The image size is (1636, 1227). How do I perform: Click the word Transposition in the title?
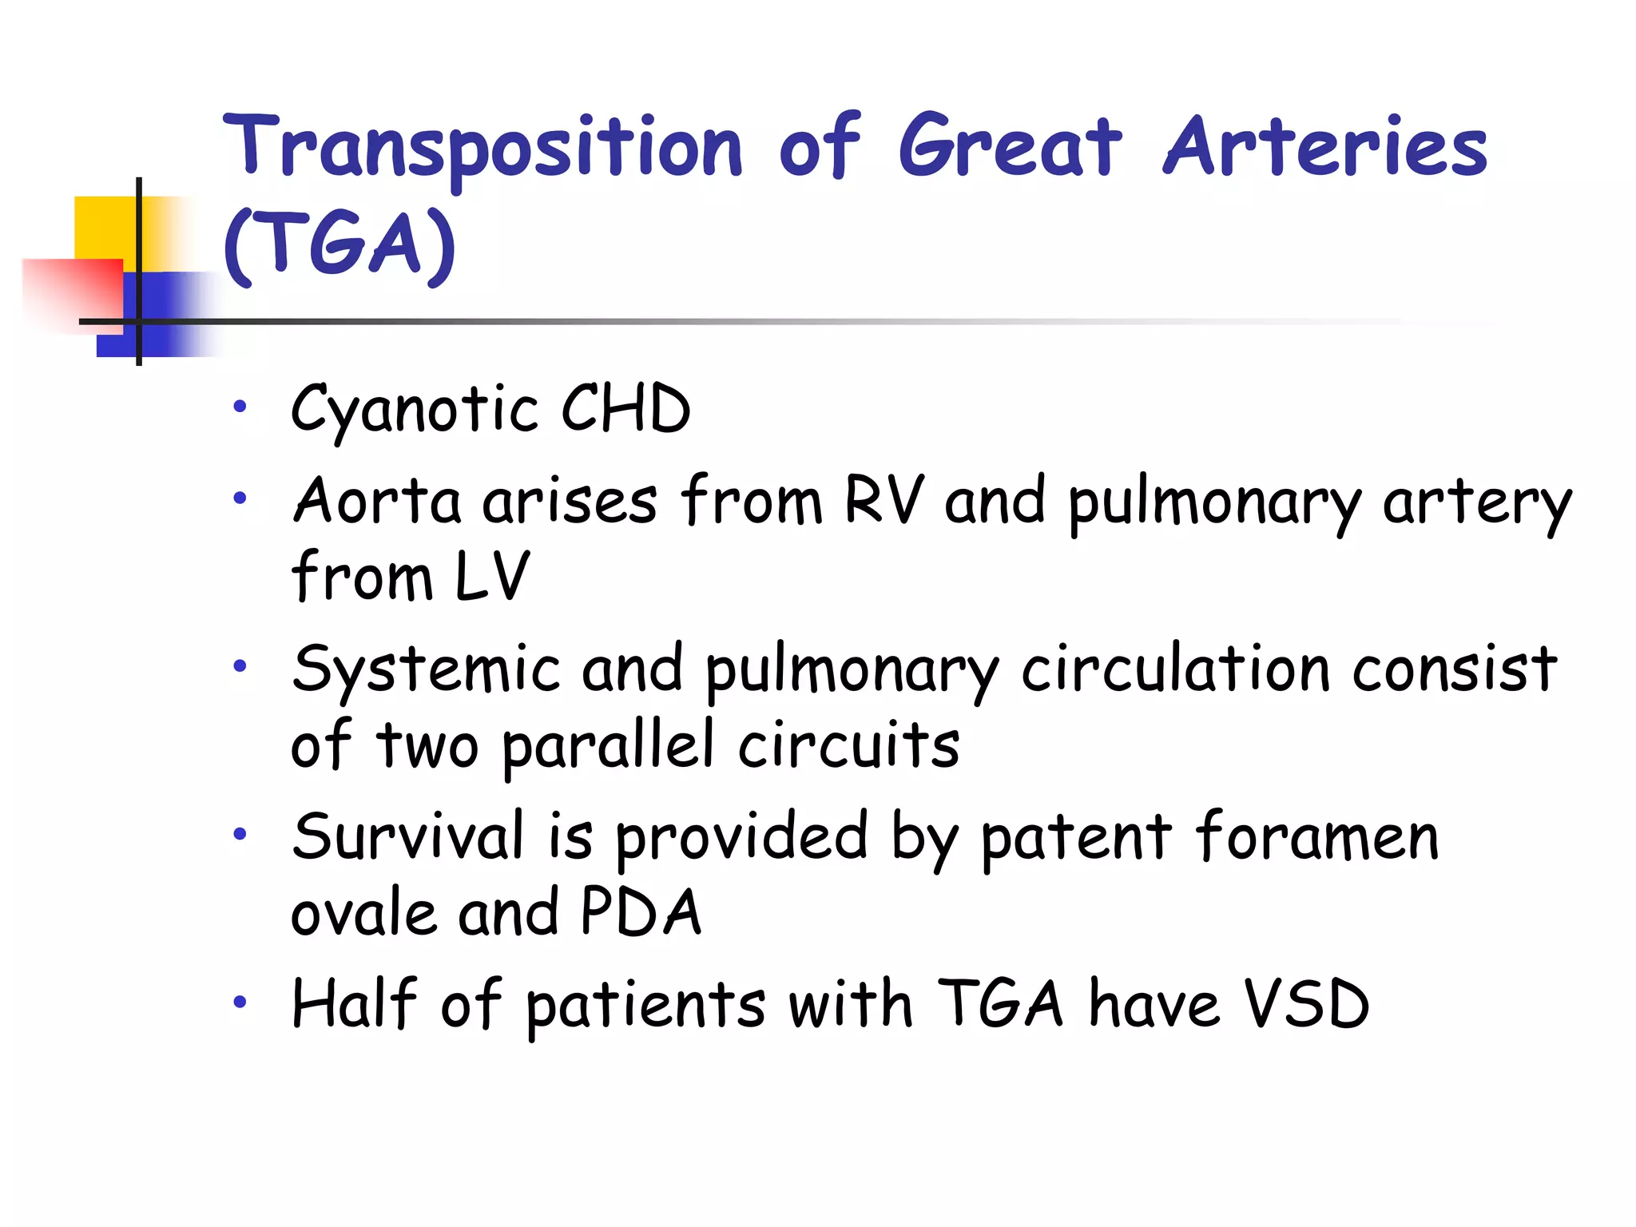[482, 148]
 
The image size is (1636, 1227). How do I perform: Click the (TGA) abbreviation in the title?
[340, 244]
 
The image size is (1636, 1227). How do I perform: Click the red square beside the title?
[72, 292]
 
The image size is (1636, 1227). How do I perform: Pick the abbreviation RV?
[884, 501]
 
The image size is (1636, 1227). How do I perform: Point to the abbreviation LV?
[491, 576]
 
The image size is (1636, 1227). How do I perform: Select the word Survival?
[408, 836]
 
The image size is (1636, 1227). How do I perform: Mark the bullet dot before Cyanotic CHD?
[240, 407]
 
